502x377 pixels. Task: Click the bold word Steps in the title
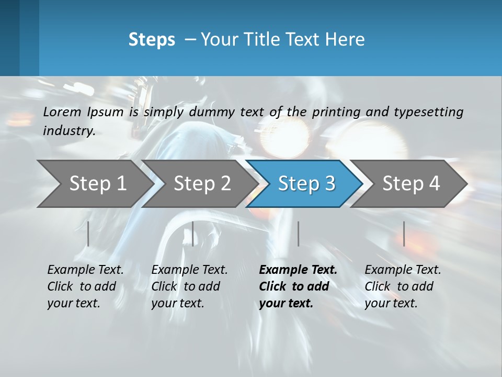(x=152, y=40)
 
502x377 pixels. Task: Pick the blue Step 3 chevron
(x=306, y=183)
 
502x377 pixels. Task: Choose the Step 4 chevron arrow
(x=411, y=183)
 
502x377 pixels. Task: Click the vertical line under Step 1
(x=88, y=234)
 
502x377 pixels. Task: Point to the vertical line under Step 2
(x=193, y=234)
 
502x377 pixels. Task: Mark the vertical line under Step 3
(x=298, y=234)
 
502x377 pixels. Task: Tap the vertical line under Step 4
(x=404, y=234)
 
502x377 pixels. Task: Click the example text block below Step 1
(x=85, y=286)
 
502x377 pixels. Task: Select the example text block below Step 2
(x=189, y=286)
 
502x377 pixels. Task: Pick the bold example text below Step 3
(x=298, y=286)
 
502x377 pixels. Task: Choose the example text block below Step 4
(x=403, y=286)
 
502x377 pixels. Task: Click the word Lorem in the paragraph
(x=62, y=112)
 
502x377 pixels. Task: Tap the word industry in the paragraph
(x=69, y=131)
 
